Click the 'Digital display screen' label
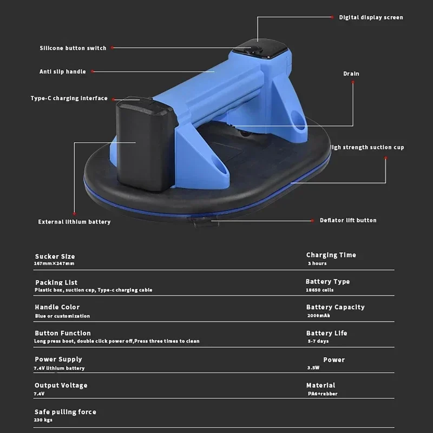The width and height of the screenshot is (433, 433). point(371,17)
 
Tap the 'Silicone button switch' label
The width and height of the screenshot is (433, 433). point(73,48)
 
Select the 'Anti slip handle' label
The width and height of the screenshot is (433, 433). point(62,71)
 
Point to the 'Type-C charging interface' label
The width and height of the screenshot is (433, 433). point(69,99)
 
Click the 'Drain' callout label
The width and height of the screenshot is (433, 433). point(351,74)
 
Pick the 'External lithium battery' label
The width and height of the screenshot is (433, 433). point(74,222)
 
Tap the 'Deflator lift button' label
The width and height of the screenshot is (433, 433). point(347,220)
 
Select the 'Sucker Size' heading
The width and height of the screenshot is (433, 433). point(55,257)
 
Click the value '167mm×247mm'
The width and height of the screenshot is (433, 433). point(54,264)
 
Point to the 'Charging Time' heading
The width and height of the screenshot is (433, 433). point(331,255)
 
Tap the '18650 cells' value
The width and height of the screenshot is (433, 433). point(320,290)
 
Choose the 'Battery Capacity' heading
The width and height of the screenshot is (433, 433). point(335,307)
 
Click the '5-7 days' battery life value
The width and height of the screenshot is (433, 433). point(319,342)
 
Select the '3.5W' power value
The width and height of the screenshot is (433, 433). point(314,368)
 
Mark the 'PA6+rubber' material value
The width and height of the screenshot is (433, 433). point(322,393)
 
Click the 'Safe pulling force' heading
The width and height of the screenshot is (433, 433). point(65,412)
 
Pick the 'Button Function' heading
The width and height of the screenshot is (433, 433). point(63,333)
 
